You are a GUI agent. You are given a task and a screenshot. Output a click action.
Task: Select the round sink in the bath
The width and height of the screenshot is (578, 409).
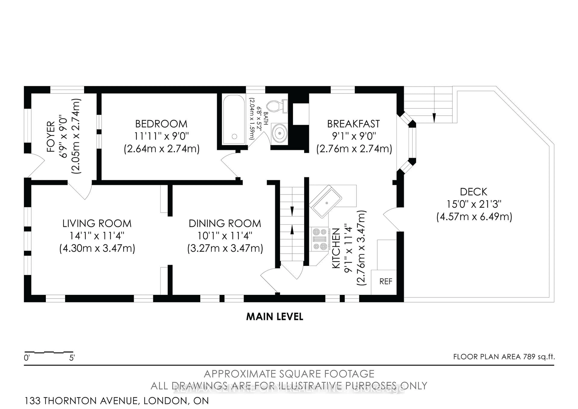[279, 133]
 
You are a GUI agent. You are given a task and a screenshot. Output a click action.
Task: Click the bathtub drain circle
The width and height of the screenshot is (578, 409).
[234, 136]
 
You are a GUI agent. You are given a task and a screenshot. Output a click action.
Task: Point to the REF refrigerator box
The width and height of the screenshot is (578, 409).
[385, 282]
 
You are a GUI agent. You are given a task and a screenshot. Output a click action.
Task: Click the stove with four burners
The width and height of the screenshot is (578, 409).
[320, 239]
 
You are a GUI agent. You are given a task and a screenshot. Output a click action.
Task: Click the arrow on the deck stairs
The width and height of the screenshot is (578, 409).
[434, 117]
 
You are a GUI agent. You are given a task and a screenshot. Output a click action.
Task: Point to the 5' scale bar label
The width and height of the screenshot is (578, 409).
[72, 358]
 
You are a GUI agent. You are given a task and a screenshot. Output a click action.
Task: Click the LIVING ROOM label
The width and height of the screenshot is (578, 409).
[97, 223]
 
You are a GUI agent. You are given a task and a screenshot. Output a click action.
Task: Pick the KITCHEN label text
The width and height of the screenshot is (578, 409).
[336, 248]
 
